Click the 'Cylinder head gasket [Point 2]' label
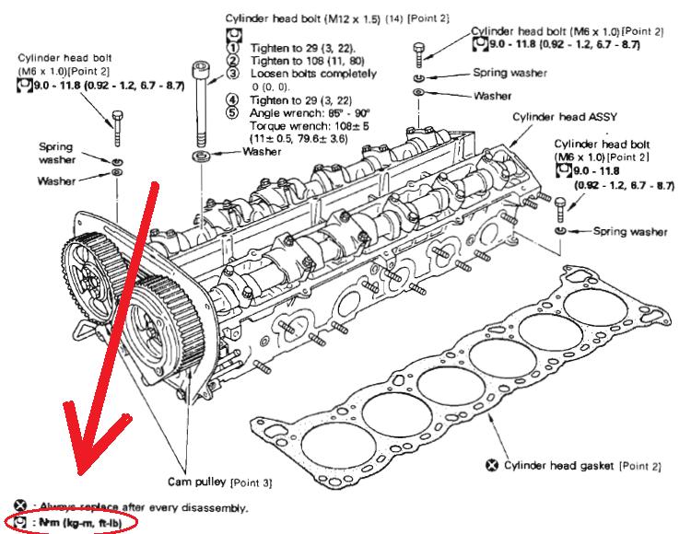click(x=571, y=465)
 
